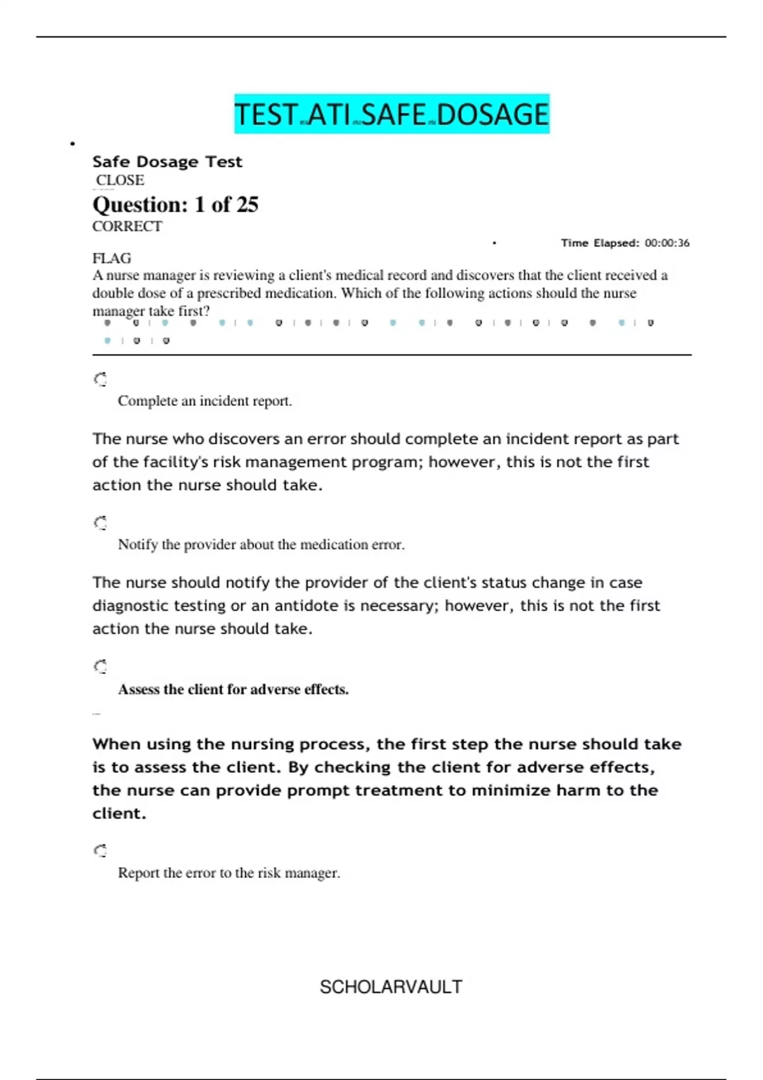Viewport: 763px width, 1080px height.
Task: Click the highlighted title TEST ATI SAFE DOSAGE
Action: (x=391, y=114)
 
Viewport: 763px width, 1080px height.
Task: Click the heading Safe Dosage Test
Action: (x=167, y=162)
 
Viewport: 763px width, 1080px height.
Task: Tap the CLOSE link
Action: (x=120, y=180)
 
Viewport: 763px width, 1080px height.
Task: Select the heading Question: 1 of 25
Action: (x=175, y=205)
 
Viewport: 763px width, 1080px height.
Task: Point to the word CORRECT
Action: (x=127, y=226)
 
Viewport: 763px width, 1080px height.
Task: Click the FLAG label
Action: (x=112, y=258)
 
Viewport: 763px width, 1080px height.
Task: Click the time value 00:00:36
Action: (x=667, y=243)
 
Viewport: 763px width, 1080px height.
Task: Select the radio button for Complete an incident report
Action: (x=100, y=379)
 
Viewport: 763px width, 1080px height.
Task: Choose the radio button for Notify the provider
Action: (x=100, y=523)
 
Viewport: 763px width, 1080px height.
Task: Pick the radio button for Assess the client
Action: (x=100, y=666)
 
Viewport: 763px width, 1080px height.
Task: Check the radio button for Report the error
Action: (x=100, y=851)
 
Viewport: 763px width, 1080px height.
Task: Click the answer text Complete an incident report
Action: (x=205, y=401)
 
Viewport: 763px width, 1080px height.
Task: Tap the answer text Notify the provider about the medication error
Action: (x=261, y=544)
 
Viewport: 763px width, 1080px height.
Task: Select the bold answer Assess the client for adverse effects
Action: (x=233, y=689)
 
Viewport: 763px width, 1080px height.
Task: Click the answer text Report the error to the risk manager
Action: (x=229, y=873)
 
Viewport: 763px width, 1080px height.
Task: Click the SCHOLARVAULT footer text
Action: (x=391, y=987)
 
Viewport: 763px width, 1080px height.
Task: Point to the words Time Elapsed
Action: (x=600, y=243)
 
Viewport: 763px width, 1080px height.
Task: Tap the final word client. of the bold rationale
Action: (x=120, y=813)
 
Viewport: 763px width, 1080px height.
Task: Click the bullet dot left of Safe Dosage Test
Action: (x=72, y=144)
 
